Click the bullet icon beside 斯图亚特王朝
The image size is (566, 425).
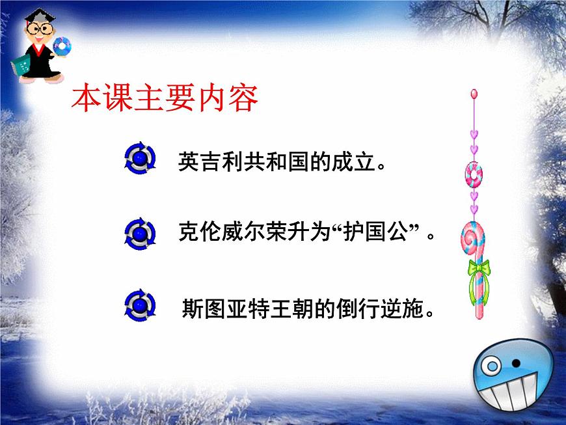139,305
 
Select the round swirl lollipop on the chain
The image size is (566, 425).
474,174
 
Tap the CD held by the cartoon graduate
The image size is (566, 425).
62,46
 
